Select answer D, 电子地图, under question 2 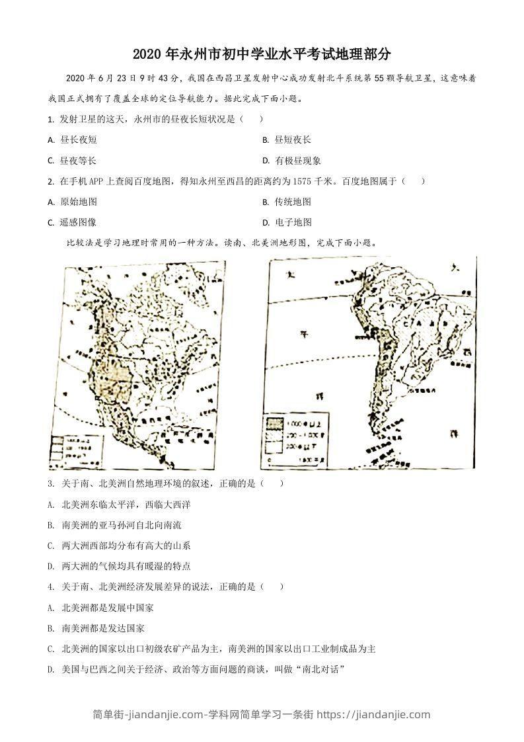293,222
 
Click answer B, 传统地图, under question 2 293,202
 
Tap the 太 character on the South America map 289,276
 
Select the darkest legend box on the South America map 274,423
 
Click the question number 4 51,587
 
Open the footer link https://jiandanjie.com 373,714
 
